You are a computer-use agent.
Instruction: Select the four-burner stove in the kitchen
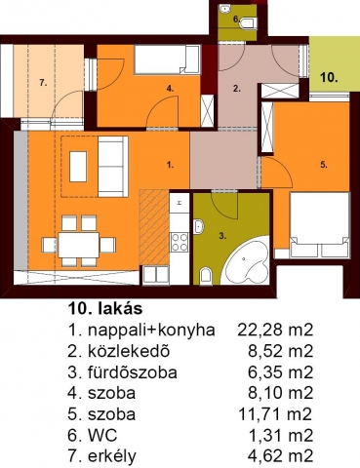coord(180,242)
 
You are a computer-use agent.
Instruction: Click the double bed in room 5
coord(320,225)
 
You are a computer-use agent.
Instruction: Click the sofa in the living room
coord(113,167)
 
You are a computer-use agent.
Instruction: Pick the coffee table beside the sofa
coord(78,167)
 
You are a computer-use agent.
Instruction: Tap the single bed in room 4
coord(167,59)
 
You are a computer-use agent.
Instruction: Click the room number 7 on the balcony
coord(43,83)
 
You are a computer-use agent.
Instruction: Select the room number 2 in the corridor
coord(237,89)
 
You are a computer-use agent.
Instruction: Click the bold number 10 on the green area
coord(329,78)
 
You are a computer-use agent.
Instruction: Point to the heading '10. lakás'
coord(105,308)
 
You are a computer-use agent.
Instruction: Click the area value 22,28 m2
coord(275,330)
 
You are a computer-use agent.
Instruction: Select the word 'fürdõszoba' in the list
coord(133,372)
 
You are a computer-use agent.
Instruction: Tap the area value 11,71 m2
coord(275,414)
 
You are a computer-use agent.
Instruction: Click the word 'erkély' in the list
coord(112,456)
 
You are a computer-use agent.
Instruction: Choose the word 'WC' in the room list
coord(102,435)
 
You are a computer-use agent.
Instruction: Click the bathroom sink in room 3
coord(198,226)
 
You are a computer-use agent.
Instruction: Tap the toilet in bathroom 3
coord(206,276)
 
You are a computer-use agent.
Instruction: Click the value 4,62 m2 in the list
coord(280,455)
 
